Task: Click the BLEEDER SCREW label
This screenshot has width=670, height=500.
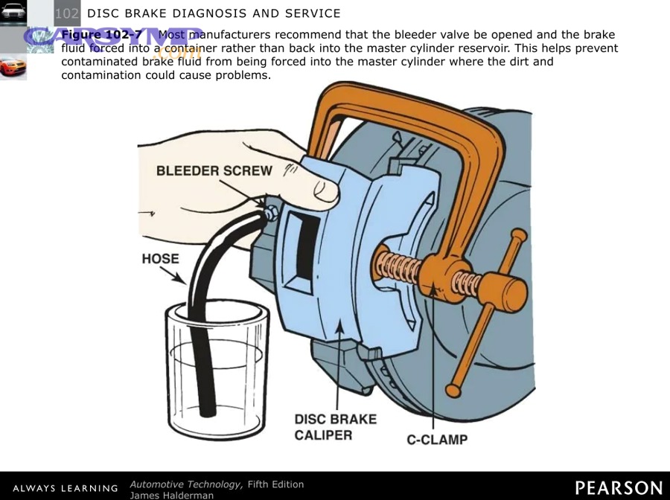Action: (x=214, y=170)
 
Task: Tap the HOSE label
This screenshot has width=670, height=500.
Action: (x=160, y=259)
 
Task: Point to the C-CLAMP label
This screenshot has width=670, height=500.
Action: (x=437, y=440)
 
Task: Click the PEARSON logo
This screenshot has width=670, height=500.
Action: (x=619, y=487)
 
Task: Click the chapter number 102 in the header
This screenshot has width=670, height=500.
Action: (x=67, y=13)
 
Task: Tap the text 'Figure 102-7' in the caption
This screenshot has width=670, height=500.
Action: (x=101, y=35)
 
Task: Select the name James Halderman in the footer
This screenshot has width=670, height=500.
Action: (x=171, y=495)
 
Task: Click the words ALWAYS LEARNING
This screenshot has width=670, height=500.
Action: (x=66, y=488)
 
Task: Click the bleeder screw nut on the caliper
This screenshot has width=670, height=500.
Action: (x=269, y=213)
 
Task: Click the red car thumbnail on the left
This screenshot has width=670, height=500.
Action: (x=13, y=67)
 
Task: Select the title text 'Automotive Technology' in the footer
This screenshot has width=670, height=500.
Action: (x=186, y=484)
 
